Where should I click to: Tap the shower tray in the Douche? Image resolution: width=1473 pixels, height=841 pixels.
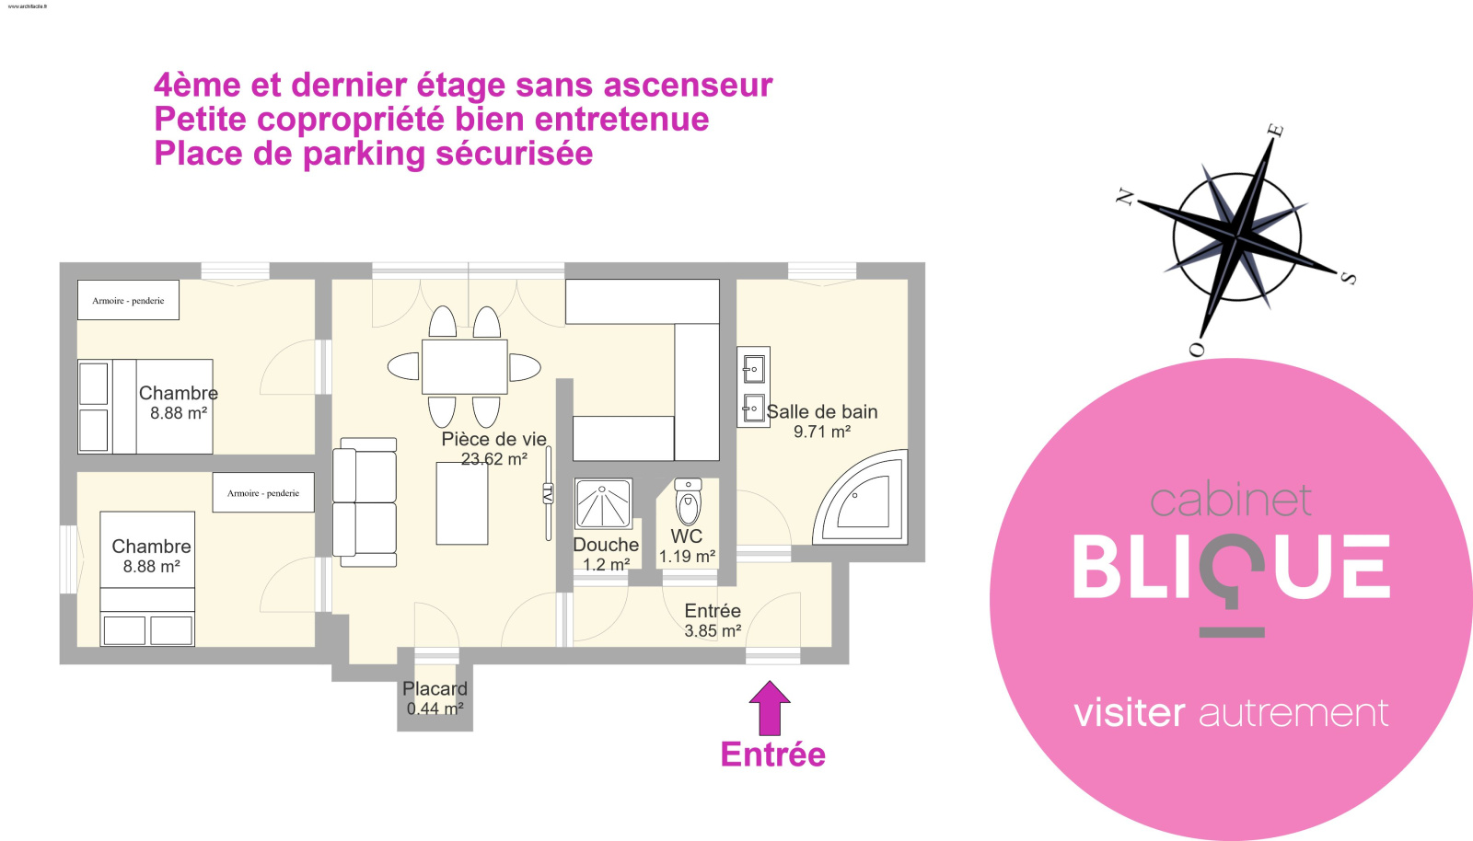tap(603, 504)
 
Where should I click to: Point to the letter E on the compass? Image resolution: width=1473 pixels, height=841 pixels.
tap(1275, 130)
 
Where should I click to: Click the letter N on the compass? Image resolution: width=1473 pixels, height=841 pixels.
tap(1125, 196)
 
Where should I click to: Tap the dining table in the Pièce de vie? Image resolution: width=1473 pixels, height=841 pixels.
tap(464, 366)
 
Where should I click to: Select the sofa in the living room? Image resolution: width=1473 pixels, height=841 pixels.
tap(365, 501)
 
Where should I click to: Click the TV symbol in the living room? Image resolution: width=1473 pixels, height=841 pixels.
tap(548, 493)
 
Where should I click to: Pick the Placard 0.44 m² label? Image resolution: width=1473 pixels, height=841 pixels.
tap(435, 698)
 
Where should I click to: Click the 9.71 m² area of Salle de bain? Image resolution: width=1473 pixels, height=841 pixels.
tap(821, 432)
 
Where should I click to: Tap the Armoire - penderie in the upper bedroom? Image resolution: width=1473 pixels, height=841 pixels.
tap(128, 300)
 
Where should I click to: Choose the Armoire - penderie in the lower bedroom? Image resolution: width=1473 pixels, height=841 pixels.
tap(263, 492)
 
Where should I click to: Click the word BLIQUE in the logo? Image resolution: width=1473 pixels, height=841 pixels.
tap(1231, 568)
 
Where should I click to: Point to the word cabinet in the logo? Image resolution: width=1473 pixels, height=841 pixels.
tap(1230, 501)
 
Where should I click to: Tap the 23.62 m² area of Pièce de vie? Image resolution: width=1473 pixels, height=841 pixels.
tap(494, 459)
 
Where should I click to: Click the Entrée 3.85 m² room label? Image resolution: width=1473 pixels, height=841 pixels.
tap(713, 620)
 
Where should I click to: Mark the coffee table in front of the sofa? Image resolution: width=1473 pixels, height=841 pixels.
tap(462, 503)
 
